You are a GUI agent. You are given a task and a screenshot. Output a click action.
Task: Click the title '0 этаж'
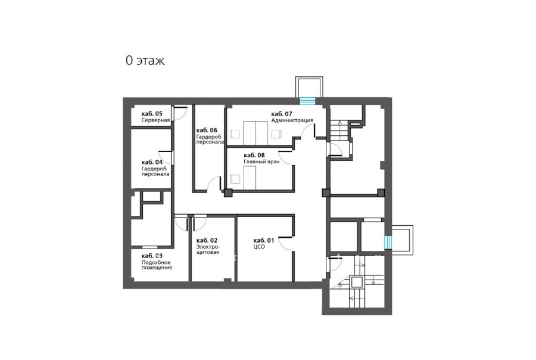145,61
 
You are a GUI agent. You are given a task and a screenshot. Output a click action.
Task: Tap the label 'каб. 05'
152,114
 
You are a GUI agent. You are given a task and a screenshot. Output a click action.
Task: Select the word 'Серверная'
155,120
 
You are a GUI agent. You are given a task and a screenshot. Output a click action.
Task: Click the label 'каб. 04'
152,162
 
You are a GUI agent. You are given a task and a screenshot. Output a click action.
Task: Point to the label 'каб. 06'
207,131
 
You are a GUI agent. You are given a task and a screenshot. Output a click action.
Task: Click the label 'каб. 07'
282,114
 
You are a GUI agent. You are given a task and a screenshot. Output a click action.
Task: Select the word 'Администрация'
292,120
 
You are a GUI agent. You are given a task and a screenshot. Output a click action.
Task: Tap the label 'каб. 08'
254,156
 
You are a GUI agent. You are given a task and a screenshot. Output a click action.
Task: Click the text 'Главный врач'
261,162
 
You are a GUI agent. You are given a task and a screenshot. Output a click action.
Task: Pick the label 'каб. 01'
264,241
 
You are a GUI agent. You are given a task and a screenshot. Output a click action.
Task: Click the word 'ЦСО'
259,247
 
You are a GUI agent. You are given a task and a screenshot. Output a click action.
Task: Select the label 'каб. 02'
207,241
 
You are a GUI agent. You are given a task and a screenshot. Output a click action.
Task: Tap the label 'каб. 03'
152,256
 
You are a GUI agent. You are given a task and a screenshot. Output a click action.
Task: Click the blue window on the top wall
307,101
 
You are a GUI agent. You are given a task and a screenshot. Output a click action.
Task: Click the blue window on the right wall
388,242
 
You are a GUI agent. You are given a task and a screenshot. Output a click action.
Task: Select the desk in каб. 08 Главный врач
250,178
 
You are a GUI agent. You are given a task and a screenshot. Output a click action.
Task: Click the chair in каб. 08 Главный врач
235,179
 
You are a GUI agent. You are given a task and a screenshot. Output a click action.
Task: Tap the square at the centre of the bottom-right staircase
357,283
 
